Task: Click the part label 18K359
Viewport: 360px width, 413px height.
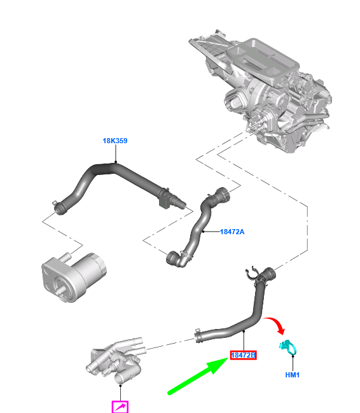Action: (x=115, y=141)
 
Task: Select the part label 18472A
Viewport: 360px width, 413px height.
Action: (x=232, y=232)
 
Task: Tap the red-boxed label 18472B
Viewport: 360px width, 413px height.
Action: (x=243, y=355)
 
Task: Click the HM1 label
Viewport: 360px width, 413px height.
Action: (x=293, y=375)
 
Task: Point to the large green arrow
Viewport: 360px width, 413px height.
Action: (x=198, y=376)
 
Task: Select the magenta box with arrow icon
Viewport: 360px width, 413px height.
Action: (x=120, y=407)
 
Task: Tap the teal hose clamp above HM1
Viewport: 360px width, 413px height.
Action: (x=288, y=347)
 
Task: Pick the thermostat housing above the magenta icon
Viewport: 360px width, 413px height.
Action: (x=116, y=358)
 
